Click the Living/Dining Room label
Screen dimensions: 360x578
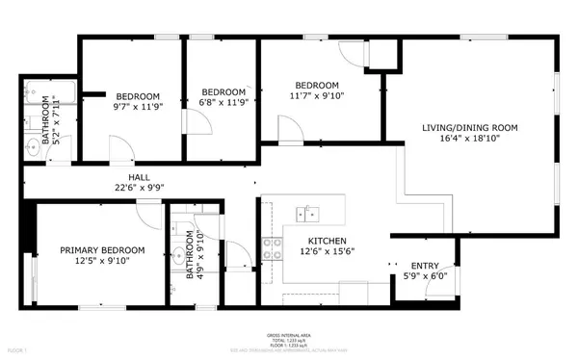[470, 127]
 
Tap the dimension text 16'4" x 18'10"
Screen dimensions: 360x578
[470, 139]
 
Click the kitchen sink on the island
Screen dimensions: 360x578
[309, 212]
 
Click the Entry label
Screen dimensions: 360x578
[425, 266]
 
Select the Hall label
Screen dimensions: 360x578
[139, 177]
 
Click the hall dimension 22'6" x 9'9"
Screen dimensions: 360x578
[139, 189]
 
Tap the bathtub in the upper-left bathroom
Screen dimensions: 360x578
[43, 96]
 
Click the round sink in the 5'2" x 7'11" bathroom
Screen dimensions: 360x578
[32, 147]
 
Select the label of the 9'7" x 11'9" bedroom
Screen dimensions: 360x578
[138, 96]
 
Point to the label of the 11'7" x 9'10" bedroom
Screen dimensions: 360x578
[318, 85]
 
